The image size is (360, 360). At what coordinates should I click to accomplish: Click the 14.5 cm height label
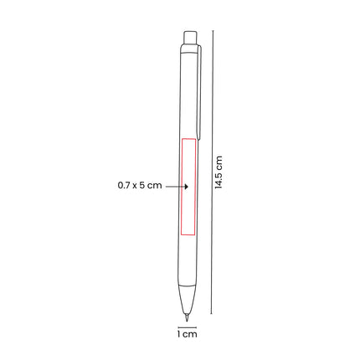click(219, 172)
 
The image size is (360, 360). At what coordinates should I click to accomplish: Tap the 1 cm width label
click(187, 334)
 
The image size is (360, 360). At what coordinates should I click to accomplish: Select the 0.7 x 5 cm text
click(140, 185)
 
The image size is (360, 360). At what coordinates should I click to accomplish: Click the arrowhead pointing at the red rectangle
click(187, 186)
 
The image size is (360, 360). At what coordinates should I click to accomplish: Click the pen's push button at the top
click(190, 38)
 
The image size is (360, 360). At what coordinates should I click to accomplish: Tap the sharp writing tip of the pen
click(187, 318)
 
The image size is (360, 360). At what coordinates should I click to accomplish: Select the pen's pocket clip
click(199, 92)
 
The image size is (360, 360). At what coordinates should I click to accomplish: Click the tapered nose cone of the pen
click(187, 300)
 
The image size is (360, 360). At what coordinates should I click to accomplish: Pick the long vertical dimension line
click(213, 172)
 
